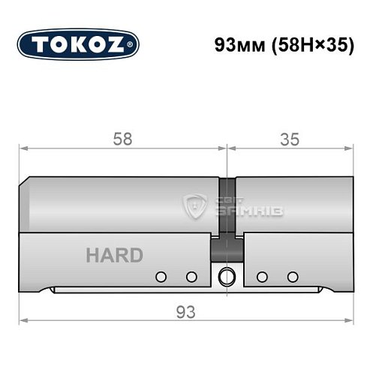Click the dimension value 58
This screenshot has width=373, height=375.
[x=122, y=139]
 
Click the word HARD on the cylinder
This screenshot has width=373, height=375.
[x=114, y=255]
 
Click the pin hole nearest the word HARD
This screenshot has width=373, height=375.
[x=159, y=277]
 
